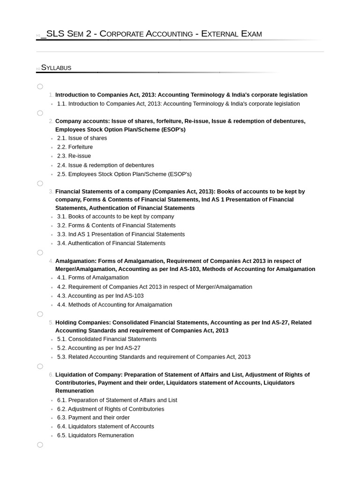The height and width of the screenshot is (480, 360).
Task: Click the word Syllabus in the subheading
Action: [x=56, y=67]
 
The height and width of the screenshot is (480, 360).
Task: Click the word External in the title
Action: [x=220, y=34]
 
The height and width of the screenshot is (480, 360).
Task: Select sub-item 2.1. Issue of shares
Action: [x=82, y=138]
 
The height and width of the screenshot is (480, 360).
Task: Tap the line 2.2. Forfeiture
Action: [x=75, y=147]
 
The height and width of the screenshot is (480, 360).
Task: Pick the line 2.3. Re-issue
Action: [x=74, y=156]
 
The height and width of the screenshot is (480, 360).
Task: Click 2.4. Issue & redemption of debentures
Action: [x=105, y=165]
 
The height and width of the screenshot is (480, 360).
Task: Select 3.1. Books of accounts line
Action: [x=115, y=217]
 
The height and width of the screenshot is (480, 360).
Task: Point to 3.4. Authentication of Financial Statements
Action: [x=111, y=243]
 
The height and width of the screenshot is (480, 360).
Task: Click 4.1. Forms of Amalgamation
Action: [x=93, y=277]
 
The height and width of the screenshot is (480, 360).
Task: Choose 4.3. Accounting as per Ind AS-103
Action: [x=100, y=296]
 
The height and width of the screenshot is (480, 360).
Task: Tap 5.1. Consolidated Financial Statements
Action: [x=107, y=339]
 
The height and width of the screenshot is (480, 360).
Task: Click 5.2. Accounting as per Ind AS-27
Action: [x=98, y=348]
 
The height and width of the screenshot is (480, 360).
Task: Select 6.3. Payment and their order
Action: [x=93, y=418]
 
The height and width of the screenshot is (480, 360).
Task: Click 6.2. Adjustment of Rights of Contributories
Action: [x=111, y=409]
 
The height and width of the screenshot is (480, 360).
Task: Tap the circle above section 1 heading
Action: [x=40, y=86]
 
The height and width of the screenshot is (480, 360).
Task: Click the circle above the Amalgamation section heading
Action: [x=40, y=253]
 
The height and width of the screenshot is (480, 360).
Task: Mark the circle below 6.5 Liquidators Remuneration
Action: [x=40, y=445]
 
